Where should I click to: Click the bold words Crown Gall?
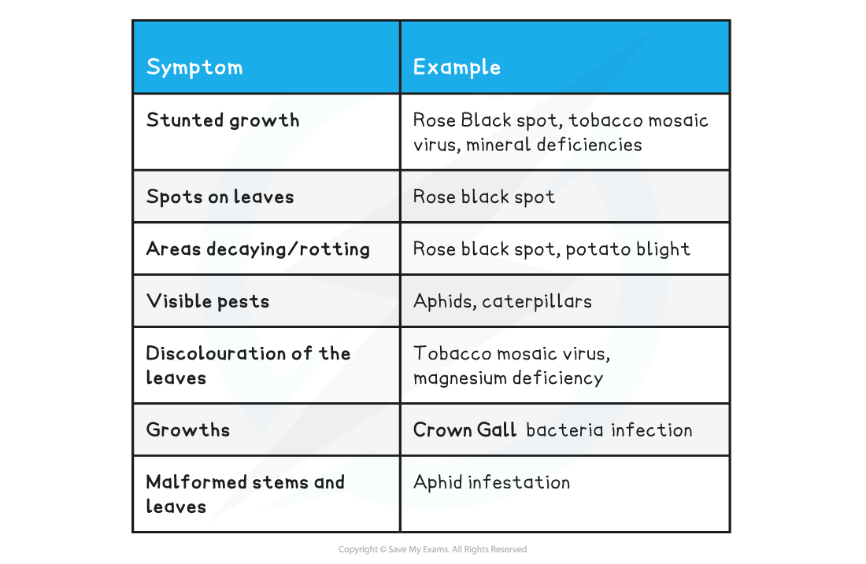pyautogui.click(x=464, y=430)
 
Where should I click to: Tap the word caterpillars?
pyautogui.click(x=537, y=301)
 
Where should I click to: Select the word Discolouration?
pyautogui.click(x=216, y=353)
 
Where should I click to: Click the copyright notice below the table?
pyautogui.click(x=432, y=549)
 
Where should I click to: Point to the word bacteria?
pyautogui.click(x=564, y=430)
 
